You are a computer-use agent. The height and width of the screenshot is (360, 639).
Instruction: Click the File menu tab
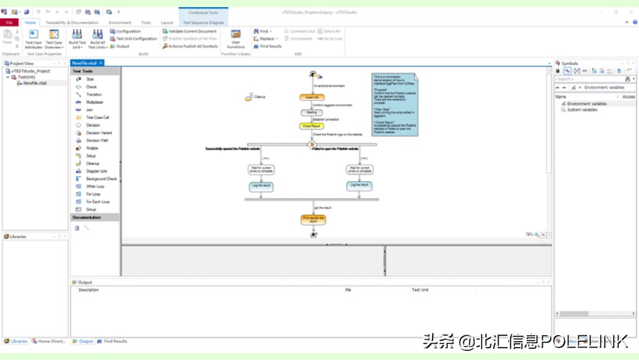pos(9,23)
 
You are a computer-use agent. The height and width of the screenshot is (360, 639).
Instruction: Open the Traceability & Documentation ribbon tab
pos(71,23)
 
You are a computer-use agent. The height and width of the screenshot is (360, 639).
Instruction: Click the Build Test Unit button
pos(77,38)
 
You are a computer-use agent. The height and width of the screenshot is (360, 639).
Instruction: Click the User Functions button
pos(236,38)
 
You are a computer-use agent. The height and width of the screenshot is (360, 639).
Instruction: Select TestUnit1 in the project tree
pos(27,77)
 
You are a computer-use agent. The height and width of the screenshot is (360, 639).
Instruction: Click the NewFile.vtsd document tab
pos(86,63)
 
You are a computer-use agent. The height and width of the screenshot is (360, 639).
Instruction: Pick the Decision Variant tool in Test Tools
pos(99,133)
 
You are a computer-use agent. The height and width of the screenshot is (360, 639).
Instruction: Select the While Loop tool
pos(95,186)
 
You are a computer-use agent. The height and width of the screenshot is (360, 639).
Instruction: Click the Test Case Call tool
pos(97,118)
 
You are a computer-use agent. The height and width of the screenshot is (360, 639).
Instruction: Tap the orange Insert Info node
pos(312,97)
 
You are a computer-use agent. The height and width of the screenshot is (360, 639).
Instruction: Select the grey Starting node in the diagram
pos(312,112)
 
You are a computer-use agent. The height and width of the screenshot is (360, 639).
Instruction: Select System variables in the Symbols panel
pos(582,110)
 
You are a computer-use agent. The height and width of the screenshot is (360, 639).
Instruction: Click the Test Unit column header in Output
pos(420,290)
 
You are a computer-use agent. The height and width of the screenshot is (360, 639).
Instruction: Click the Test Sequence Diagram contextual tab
pos(203,23)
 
